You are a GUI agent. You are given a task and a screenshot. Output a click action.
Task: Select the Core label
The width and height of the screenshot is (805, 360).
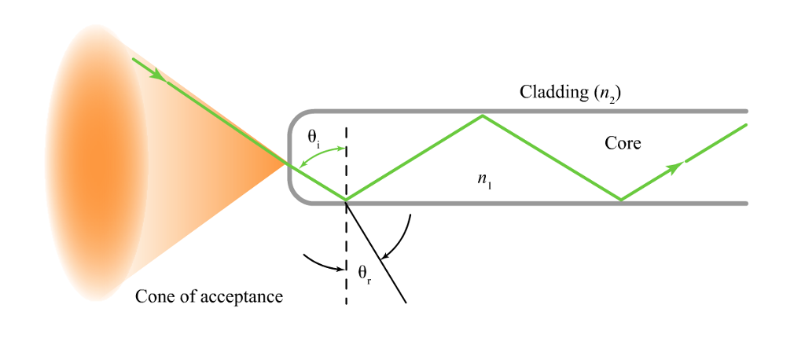tap(623, 143)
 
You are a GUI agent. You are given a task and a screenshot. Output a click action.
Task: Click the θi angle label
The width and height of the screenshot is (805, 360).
tap(314, 138)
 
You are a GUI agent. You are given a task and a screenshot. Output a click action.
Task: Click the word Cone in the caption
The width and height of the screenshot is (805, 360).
tap(153, 296)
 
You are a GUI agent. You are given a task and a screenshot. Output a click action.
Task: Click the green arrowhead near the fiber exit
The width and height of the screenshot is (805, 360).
tap(675, 167)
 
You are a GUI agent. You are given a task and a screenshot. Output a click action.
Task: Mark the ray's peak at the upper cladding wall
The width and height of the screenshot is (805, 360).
tap(482, 116)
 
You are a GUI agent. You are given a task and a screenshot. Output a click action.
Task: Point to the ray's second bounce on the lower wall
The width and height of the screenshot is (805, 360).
tap(621, 200)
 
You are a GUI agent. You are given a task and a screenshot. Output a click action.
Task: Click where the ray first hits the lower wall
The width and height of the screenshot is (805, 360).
tap(346, 200)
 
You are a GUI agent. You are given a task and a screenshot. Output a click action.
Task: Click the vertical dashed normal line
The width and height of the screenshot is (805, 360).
tap(346, 252)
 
